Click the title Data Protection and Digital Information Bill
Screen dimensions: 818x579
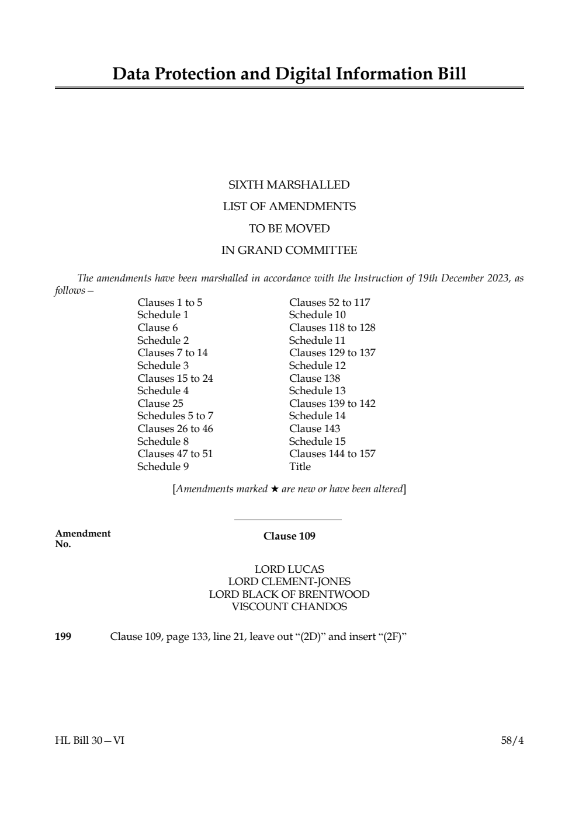coord(289,74)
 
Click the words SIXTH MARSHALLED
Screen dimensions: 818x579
coord(289,185)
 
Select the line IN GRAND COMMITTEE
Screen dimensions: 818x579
coord(289,250)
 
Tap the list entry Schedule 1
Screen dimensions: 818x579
coord(163,315)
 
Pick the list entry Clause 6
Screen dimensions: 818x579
coord(158,328)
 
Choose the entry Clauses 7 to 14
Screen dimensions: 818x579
coord(172,353)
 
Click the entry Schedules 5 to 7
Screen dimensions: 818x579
coord(175,416)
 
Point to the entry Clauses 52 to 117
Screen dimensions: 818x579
coord(330,302)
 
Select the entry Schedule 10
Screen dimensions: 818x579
coord(317,315)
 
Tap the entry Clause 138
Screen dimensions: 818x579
coord(314,378)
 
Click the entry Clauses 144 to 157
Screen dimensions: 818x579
coord(332,454)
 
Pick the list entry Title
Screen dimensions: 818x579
coord(300,467)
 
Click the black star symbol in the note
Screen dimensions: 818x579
coord(275,489)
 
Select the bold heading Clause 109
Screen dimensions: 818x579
coord(289,536)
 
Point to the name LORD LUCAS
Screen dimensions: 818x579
coord(289,569)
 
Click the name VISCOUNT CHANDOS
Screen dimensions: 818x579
coord(289,607)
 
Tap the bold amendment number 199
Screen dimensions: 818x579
coord(63,636)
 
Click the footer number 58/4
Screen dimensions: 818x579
coord(512,741)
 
